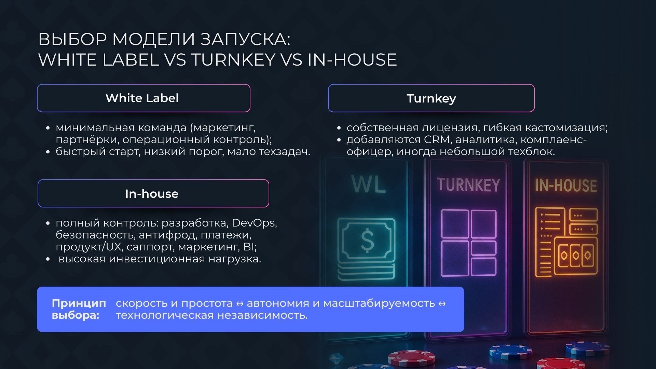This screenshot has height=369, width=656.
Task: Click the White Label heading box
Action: pos(143,98)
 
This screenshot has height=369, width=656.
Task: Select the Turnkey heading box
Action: pos(431,98)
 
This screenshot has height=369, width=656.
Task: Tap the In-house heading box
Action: pos(153,193)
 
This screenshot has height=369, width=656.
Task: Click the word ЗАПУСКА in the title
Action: pos(245,39)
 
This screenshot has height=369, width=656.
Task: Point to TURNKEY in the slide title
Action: pos(233,59)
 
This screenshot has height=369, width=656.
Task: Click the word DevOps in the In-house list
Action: pos(254,223)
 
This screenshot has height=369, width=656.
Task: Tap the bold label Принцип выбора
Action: pos(79,309)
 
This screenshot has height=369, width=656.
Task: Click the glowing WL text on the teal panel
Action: pos(369,184)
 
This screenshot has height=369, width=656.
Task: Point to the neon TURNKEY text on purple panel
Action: pos(468,185)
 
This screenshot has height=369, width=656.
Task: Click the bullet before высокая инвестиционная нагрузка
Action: pos(48,259)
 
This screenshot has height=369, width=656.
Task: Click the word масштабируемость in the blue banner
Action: pos(379,303)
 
